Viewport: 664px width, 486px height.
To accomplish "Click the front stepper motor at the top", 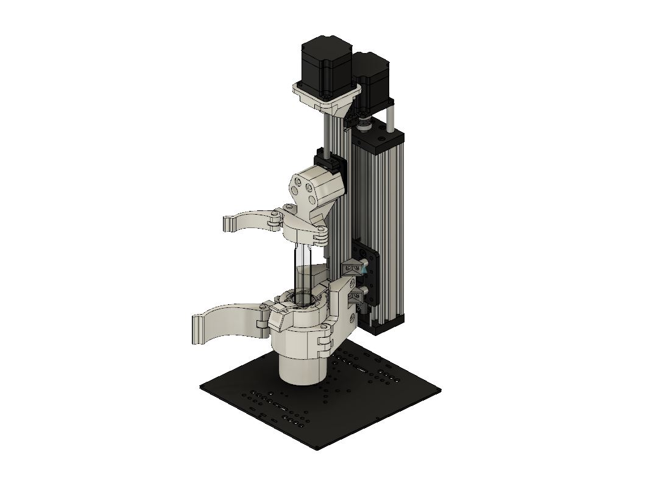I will coord(326,64).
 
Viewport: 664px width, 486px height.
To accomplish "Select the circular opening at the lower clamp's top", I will coord(302,298).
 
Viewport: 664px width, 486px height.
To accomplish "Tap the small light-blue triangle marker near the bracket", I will coord(364,267).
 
